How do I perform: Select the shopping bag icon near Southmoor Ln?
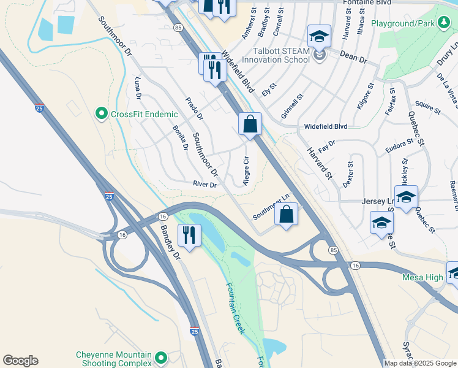point(286,215)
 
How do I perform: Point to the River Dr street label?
point(205,184)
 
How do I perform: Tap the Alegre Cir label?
point(246,171)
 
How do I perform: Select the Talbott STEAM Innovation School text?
point(276,55)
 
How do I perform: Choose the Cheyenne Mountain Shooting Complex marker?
point(161,356)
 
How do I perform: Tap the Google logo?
point(20,361)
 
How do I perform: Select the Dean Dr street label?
point(353,59)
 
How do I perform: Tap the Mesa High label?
point(422,278)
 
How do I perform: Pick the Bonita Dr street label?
point(180,137)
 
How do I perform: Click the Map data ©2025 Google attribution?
point(420,362)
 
